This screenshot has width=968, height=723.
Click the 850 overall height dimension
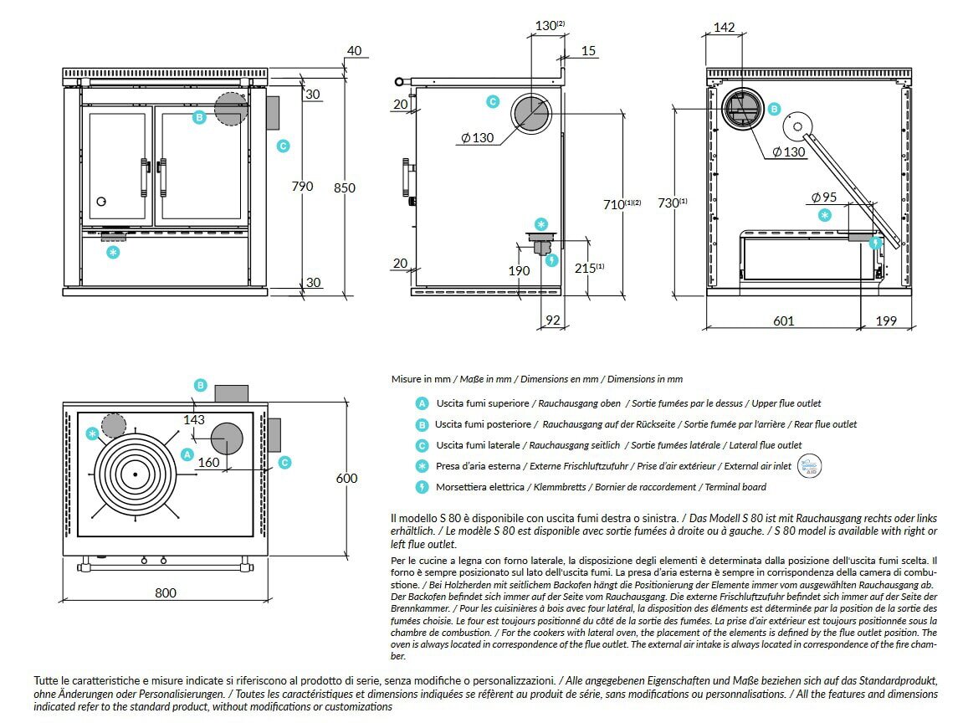click(345, 188)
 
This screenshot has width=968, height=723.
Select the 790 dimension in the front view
click(302, 186)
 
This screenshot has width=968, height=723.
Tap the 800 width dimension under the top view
click(166, 592)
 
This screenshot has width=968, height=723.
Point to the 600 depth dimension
click(346, 479)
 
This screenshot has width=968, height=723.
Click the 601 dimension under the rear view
click(783, 320)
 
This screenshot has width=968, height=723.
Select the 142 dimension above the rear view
click(724, 28)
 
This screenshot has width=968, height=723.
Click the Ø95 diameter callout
click(823, 197)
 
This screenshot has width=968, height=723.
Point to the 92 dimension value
click(552, 320)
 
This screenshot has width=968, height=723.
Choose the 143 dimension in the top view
click(193, 420)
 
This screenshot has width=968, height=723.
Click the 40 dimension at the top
click(354, 51)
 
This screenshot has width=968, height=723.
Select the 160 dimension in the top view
click(208, 462)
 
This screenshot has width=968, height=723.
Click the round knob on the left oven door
click(101, 201)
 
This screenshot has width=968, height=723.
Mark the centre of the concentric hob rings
click(134, 474)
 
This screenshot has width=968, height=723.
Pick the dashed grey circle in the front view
click(231, 108)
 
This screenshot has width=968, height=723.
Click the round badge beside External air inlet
click(809, 465)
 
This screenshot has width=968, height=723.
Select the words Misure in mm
click(418, 379)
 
